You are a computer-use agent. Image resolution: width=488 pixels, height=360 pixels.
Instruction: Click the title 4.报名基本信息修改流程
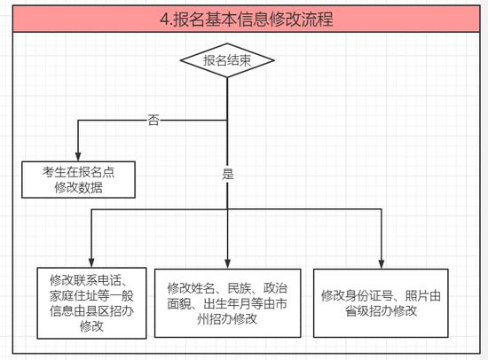pos(247,19)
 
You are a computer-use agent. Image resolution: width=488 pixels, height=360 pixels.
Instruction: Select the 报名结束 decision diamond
pos(227,60)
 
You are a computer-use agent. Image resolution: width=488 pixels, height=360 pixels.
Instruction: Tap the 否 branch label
pos(153,120)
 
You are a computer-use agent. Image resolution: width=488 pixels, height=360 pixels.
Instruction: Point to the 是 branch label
pos(227,174)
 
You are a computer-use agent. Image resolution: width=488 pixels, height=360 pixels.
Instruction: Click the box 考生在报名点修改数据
pos(78,179)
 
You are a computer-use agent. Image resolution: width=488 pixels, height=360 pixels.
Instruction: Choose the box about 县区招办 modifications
pos(91,303)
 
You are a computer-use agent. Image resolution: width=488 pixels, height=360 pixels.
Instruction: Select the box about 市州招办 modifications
pos(227,303)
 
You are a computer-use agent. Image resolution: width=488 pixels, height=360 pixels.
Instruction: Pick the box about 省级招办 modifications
pos(381,303)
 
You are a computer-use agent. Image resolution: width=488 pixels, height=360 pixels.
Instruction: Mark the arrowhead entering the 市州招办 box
pos(227,264)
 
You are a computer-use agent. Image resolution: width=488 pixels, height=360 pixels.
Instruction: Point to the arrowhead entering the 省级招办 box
pos(382,264)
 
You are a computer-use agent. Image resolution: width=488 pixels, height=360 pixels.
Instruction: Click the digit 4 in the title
pos(164,20)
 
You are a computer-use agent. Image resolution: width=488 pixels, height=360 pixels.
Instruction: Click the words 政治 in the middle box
pos(275,288)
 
